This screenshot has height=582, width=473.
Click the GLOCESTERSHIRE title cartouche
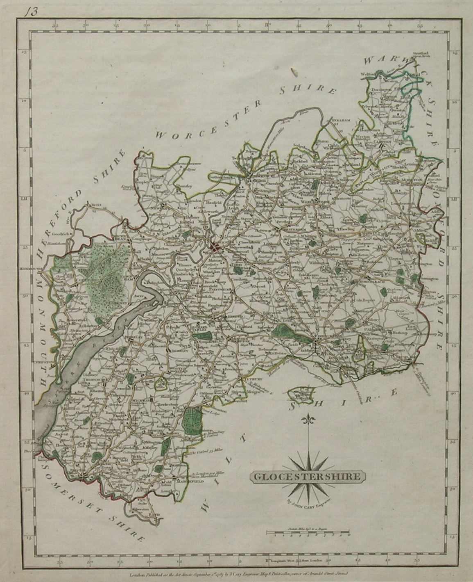point(306,477)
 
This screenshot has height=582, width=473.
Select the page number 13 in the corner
point(29,12)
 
